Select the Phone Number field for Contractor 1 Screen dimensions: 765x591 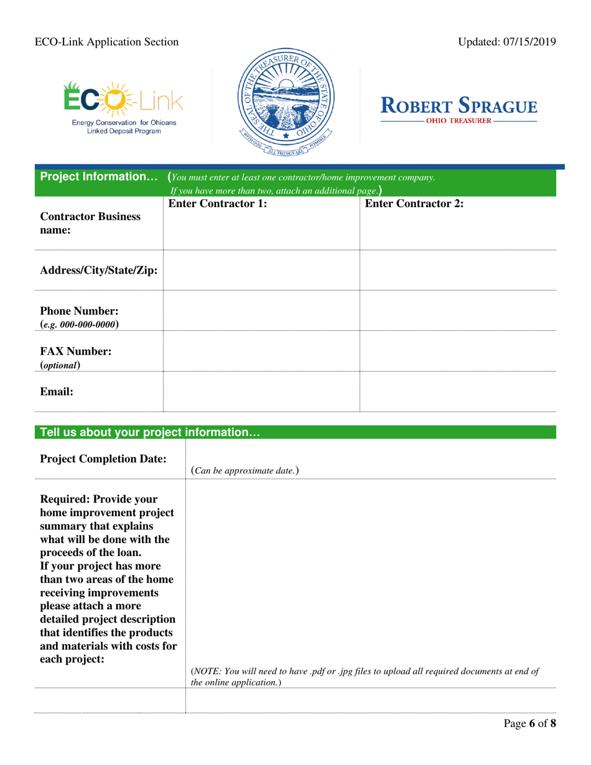[x=261, y=310]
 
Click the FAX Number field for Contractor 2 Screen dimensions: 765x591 [x=458, y=351]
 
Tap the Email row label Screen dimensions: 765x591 [x=57, y=392]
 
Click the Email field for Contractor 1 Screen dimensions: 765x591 [x=261, y=392]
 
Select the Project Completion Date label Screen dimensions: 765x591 [x=103, y=459]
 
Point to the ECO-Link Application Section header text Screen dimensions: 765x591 [x=106, y=42]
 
